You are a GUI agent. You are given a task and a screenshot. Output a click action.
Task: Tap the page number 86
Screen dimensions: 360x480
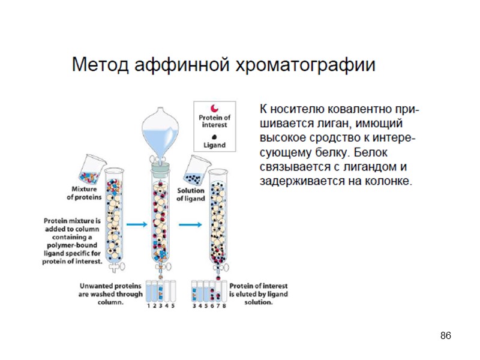pos(445,335)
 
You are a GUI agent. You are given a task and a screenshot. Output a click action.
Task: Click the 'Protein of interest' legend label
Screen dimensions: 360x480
pos(214,121)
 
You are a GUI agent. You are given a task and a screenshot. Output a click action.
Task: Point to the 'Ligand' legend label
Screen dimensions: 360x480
pos(214,145)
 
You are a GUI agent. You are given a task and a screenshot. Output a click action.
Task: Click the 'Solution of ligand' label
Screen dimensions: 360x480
pos(190,194)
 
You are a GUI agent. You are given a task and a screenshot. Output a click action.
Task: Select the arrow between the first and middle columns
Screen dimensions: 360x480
pos(137,224)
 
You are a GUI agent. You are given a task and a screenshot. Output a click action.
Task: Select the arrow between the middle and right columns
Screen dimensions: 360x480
pos(191,224)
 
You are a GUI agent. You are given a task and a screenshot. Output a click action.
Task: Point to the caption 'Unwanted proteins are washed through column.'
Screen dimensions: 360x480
pos(110,294)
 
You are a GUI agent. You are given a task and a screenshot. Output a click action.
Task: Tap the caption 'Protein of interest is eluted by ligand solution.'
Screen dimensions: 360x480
pos(258,294)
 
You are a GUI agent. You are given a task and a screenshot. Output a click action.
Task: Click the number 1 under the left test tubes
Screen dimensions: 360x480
pos(148,306)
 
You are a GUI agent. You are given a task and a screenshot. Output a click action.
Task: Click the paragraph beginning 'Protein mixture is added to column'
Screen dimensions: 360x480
pos(73,241)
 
